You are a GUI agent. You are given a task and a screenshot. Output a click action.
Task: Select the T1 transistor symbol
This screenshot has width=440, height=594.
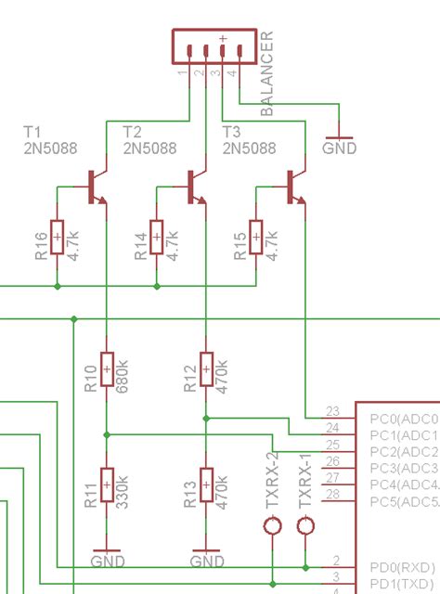point(96,187)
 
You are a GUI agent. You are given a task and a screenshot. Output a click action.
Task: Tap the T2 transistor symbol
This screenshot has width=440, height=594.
point(195,187)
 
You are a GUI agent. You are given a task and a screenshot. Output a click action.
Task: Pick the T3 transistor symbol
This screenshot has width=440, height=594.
point(295,187)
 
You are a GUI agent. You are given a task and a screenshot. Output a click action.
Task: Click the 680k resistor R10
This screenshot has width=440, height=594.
point(108,370)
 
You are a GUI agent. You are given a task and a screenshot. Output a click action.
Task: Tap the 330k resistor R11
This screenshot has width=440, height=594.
point(108,486)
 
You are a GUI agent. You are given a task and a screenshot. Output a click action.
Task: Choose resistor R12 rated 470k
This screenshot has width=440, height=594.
point(206,370)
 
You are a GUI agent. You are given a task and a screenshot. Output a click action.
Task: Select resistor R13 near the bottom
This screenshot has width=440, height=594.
point(206,486)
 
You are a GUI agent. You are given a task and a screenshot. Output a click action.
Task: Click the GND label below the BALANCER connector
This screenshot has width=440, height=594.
point(340,148)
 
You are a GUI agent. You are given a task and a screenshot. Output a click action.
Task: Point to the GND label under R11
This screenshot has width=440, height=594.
point(108,561)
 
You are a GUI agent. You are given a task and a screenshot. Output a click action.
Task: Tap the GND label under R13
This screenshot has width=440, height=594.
point(206,561)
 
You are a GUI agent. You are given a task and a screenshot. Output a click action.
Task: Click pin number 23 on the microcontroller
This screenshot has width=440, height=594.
point(331,411)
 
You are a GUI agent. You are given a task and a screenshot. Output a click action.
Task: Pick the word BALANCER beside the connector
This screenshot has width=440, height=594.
point(267,74)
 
